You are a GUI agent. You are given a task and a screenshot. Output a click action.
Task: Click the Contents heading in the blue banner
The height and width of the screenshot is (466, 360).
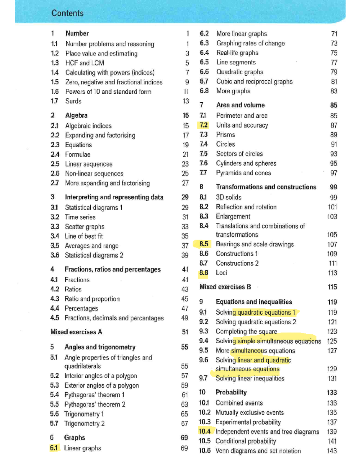point(67,13)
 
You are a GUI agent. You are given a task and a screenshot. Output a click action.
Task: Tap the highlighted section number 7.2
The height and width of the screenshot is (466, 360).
point(203,125)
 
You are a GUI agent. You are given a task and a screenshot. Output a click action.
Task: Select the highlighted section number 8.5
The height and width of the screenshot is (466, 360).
point(204,244)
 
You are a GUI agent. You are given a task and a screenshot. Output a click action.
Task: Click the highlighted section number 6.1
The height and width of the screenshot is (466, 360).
point(54,448)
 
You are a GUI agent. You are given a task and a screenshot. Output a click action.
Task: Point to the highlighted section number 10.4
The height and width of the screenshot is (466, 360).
point(205,431)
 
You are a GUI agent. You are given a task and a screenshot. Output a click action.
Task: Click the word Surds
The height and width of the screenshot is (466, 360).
point(73,101)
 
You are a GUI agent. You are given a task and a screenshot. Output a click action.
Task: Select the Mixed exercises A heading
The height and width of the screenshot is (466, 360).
point(76,332)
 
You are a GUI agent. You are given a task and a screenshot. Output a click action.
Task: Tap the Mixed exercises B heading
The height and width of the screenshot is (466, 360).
point(225,287)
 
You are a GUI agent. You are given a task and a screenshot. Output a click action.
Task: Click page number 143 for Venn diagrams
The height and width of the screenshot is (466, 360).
point(332,451)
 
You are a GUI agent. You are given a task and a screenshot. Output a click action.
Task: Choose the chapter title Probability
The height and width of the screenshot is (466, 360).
point(231,392)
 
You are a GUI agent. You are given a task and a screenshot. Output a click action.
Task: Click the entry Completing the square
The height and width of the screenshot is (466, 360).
point(246,331)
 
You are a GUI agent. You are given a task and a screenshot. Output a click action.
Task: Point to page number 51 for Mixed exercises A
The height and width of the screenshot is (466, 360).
point(185,332)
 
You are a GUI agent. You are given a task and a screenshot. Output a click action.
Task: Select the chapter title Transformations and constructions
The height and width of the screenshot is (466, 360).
point(266,187)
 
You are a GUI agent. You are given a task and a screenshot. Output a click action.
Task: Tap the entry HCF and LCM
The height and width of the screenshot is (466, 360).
point(85,63)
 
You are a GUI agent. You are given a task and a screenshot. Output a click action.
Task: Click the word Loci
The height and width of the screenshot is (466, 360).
point(221,273)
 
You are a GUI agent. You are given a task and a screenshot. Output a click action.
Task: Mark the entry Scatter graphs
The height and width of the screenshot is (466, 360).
point(85,227)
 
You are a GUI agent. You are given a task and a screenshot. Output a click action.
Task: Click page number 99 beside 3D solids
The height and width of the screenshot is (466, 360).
point(333,197)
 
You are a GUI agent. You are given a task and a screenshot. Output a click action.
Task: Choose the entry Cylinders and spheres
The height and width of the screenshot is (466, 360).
point(246,163)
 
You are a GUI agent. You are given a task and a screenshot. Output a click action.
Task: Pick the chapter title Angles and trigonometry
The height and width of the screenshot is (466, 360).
point(100,347)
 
